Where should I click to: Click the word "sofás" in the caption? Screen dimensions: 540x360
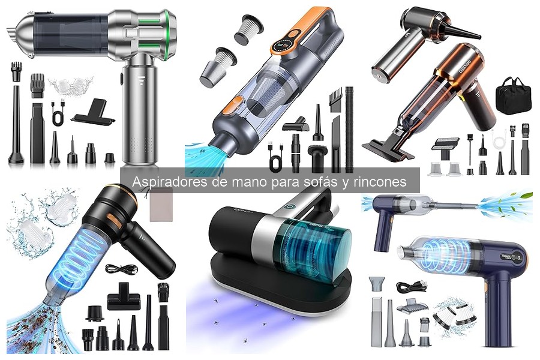(316, 182)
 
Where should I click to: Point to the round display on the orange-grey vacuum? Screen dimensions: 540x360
(284, 45)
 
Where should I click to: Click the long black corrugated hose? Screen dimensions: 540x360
(349, 129)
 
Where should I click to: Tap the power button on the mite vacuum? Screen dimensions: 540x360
(288, 207)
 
